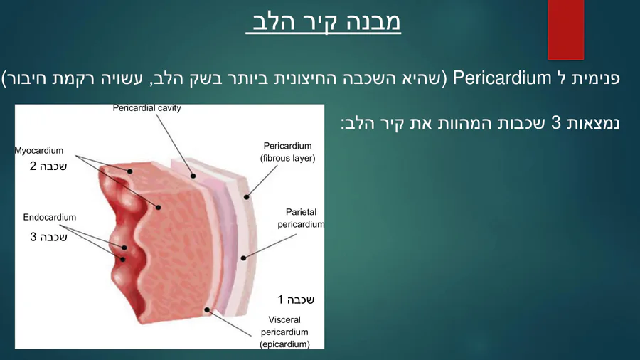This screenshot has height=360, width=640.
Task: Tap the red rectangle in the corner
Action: [566, 29]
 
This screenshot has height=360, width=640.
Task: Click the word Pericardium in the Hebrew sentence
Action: [502, 77]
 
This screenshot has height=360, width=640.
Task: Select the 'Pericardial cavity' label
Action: [147, 108]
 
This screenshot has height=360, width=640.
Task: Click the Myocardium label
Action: [39, 151]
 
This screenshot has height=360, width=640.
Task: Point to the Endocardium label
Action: [49, 217]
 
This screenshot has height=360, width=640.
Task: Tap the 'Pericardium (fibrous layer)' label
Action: [288, 152]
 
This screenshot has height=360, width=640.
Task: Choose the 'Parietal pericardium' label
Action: [301, 218]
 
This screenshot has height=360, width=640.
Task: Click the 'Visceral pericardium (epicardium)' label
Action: [284, 332]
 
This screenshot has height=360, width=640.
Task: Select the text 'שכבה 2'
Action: [48, 166]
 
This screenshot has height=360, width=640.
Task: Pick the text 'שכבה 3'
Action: [48, 237]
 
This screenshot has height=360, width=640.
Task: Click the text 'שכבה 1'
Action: [296, 300]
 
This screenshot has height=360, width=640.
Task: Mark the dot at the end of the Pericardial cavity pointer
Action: [193, 176]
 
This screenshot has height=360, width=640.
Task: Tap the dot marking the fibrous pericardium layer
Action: [247, 197]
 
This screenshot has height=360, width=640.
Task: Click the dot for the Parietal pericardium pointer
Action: [243, 258]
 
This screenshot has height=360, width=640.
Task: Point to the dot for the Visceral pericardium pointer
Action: [207, 309]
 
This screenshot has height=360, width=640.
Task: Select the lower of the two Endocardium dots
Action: [122, 259]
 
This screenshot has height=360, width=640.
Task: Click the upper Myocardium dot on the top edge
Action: [130, 171]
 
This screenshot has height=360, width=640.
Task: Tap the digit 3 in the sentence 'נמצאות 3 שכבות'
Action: [556, 122]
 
